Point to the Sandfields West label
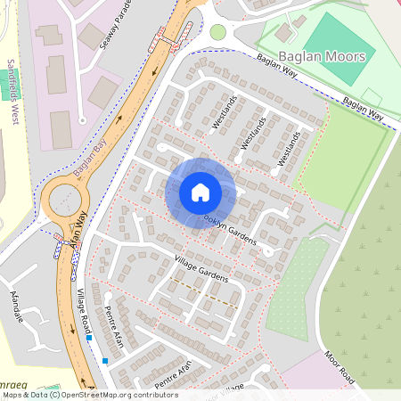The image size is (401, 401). [12, 88]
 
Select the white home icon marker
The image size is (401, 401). [200, 191]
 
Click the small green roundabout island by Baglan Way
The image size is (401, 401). [217, 32]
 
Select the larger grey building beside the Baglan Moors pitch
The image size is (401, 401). [284, 32]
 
